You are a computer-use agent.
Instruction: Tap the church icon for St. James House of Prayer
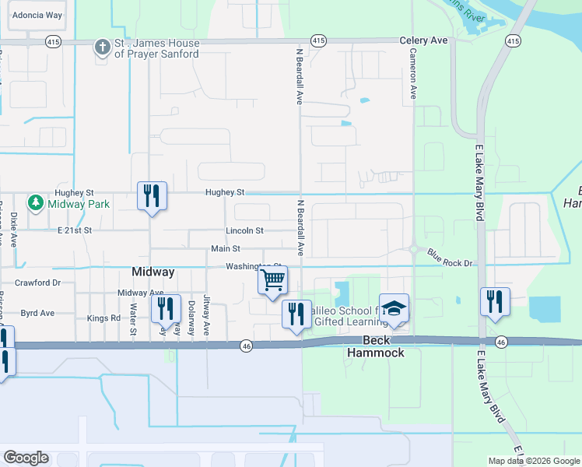pyautogui.click(x=101, y=48)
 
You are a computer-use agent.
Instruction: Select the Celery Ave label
pyautogui.click(x=423, y=40)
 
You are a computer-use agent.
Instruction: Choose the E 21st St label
pyautogui.click(x=75, y=230)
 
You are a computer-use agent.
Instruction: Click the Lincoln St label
pyautogui.click(x=245, y=230)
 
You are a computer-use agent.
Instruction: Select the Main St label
pyautogui.click(x=226, y=248)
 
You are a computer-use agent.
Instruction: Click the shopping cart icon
pyautogui.click(x=273, y=280)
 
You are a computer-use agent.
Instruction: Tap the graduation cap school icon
pyautogui.click(x=394, y=307)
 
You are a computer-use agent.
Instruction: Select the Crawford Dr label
pyautogui.click(x=38, y=283)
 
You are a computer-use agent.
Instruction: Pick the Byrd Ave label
pyautogui.click(x=37, y=313)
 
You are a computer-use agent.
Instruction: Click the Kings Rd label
pyautogui.click(x=103, y=318)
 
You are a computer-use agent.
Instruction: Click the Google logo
pyautogui.click(x=26, y=458)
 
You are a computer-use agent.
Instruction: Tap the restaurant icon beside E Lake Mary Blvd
pyautogui.click(x=495, y=301)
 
